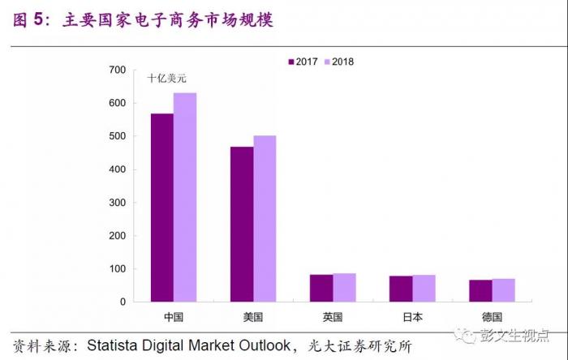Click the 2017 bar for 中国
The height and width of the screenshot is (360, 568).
[161, 208]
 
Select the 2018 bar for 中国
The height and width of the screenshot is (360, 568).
[185, 197]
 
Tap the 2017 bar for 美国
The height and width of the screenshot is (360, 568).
[242, 224]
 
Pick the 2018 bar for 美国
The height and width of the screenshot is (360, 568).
[265, 218]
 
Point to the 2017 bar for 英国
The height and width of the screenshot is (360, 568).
[321, 288]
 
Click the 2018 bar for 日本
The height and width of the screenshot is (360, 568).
[424, 288]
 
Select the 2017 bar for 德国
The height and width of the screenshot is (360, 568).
[480, 290]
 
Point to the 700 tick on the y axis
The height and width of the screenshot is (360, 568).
[117, 71]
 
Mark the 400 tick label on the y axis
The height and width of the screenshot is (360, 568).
[117, 169]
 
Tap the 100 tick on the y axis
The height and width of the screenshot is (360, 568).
[117, 268]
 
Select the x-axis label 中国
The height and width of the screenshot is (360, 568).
[173, 316]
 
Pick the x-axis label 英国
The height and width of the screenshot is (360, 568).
[333, 316]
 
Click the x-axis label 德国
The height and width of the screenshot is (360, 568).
[492, 316]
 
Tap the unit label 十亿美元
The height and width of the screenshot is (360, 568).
[166, 79]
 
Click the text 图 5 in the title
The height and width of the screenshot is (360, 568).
[28, 19]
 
